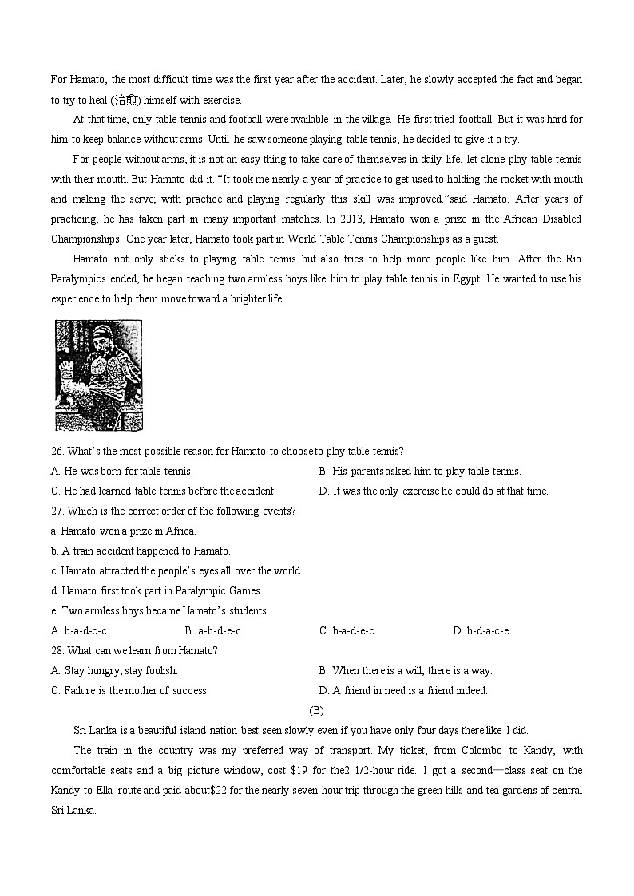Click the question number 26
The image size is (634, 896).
point(57,451)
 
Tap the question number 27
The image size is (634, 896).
point(57,511)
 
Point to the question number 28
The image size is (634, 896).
point(57,650)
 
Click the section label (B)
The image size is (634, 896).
point(316,710)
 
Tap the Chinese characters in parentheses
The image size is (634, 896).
point(125,100)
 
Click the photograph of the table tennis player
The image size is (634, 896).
point(98,375)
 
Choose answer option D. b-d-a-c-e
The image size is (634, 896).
point(481,630)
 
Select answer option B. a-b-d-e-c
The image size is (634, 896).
point(212,630)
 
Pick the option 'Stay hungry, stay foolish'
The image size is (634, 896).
point(114,670)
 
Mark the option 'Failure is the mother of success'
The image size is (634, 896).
point(129,690)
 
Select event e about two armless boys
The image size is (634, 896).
point(160,610)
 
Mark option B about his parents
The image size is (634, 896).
point(419,471)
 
